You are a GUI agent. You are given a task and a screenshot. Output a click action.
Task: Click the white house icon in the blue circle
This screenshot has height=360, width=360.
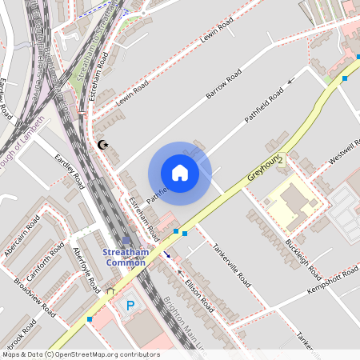(x=180, y=172)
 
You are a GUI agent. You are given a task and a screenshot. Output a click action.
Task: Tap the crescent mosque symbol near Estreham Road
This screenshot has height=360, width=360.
(x=102, y=145)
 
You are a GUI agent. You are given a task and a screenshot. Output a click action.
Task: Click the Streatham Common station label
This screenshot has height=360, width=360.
(x=125, y=257)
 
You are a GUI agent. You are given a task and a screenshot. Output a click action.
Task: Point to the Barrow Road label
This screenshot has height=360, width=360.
(x=223, y=84)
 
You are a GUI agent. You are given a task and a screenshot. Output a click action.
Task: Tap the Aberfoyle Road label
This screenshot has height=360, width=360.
(x=86, y=269)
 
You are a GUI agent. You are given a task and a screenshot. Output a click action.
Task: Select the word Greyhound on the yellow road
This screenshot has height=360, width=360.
(x=262, y=166)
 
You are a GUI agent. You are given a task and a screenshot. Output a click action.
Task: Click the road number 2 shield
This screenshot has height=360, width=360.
(x=280, y=161)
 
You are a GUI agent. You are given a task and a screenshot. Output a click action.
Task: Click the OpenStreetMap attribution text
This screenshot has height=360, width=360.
(x=80, y=354)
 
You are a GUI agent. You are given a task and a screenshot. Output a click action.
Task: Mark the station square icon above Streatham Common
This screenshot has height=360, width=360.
(x=126, y=240)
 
